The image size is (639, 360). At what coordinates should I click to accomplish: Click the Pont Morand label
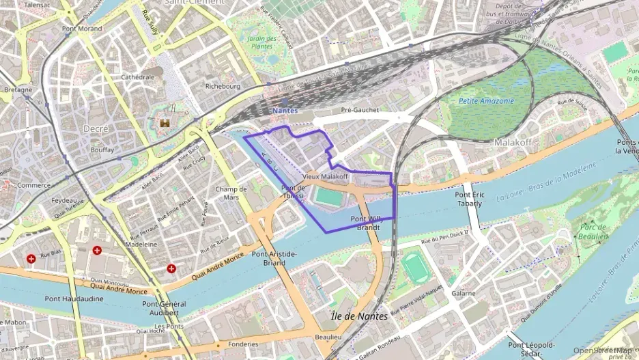81,29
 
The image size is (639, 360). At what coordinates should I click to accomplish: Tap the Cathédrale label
137,77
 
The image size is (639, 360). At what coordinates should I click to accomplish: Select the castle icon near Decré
165,124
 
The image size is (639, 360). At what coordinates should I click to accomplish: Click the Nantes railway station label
285,110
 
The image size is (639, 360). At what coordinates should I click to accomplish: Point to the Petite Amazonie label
486,101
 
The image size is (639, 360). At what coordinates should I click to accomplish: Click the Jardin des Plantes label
261,42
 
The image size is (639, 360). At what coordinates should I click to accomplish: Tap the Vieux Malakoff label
325,176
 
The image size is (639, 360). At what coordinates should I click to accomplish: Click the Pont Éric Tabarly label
468,199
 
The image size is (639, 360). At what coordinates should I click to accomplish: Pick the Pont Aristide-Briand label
274,258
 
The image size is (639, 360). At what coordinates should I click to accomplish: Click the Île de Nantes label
358,316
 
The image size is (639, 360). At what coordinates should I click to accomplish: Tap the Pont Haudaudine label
74,299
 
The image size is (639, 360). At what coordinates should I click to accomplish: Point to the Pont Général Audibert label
160,307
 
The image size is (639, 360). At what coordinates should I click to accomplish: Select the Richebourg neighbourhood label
223,87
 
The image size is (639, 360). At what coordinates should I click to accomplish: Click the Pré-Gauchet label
359,110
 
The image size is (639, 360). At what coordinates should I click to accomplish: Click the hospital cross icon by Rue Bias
31,259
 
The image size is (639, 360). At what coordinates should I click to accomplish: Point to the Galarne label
463,293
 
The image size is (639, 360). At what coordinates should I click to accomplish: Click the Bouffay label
102,149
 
